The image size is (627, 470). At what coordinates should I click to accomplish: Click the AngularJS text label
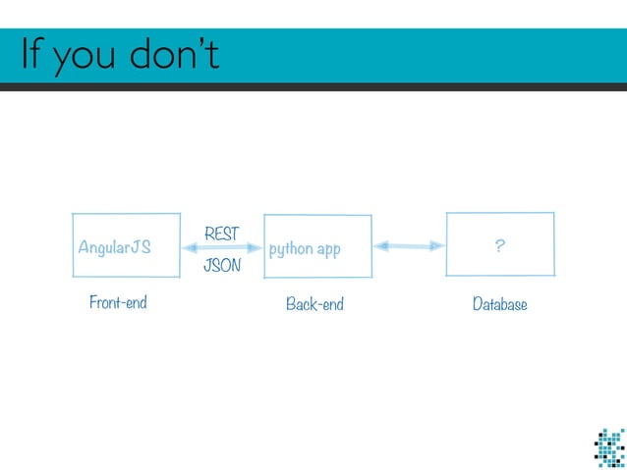click(114, 248)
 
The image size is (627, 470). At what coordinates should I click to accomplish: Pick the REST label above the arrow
click(221, 234)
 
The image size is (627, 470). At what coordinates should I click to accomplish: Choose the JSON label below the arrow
click(222, 266)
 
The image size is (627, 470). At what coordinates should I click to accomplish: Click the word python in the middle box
click(290, 249)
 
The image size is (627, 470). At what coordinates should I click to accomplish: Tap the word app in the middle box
click(328, 250)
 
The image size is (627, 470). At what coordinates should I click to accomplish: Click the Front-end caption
click(118, 302)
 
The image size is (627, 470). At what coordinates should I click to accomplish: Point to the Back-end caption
click(314, 304)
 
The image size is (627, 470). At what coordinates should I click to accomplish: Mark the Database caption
click(499, 304)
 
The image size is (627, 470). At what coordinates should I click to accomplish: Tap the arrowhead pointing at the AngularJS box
click(190, 248)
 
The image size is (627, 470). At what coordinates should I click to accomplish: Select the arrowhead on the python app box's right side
click(382, 246)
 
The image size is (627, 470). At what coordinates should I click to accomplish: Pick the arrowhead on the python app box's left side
click(256, 248)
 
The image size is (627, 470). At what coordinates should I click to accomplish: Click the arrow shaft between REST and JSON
click(222, 248)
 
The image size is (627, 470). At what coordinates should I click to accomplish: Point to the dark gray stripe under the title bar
click(313, 87)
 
